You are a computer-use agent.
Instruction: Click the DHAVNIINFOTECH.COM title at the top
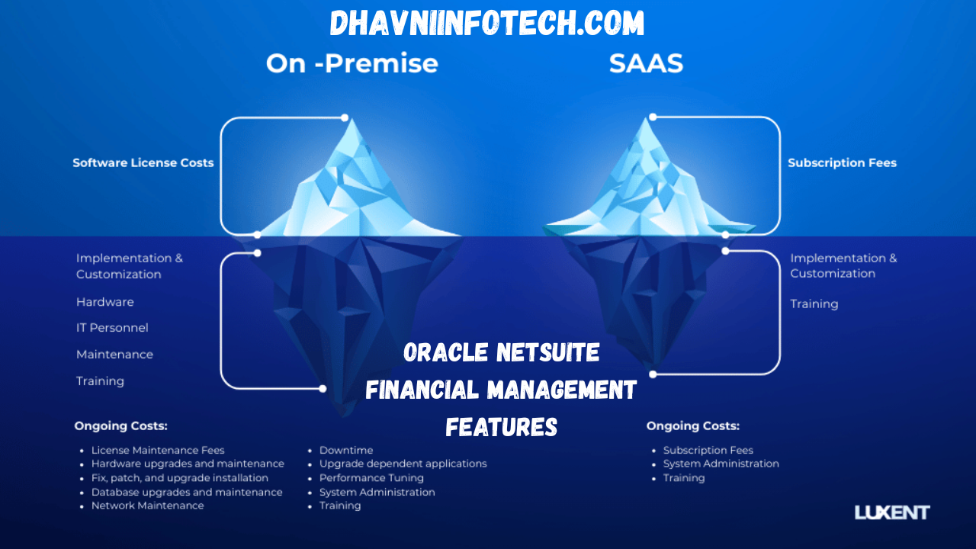(x=487, y=24)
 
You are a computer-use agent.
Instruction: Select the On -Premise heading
(x=352, y=63)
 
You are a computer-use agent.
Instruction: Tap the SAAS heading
(x=646, y=63)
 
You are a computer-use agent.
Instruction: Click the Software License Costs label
(x=143, y=162)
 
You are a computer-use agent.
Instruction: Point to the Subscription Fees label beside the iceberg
(x=842, y=162)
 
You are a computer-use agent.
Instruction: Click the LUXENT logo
(x=892, y=512)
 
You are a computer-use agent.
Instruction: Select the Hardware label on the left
(x=104, y=302)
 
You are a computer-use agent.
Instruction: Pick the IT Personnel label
(x=112, y=328)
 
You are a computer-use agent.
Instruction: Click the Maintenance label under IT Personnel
(x=114, y=355)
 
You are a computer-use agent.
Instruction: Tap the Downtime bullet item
(x=346, y=450)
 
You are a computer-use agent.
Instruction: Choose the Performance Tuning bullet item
(x=371, y=478)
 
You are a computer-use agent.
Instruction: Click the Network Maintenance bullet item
(x=147, y=506)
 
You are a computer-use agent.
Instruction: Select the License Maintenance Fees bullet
(x=158, y=450)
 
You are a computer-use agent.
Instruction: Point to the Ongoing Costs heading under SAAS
(x=692, y=426)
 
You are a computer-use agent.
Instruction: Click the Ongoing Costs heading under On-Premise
(x=120, y=426)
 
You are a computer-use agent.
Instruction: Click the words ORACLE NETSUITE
(x=501, y=352)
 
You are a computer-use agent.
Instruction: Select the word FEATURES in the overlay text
(x=501, y=427)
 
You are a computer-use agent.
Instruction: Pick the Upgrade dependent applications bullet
(x=403, y=464)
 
